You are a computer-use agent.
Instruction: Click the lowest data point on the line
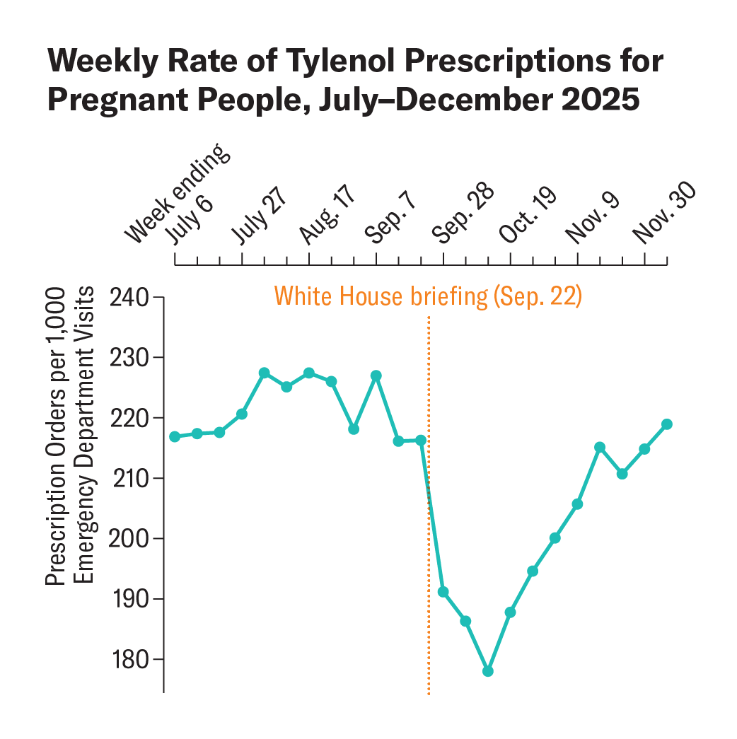pyautogui.click(x=488, y=671)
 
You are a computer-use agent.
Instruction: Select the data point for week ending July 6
pyautogui.click(x=175, y=436)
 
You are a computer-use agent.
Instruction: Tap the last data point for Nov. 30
pyautogui.click(x=666, y=424)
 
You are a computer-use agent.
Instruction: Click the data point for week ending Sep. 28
pyautogui.click(x=443, y=592)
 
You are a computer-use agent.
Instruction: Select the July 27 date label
pyautogui.click(x=262, y=216)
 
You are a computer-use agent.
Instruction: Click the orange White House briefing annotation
pyautogui.click(x=427, y=296)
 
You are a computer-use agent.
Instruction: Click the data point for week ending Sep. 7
pyautogui.click(x=376, y=376)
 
